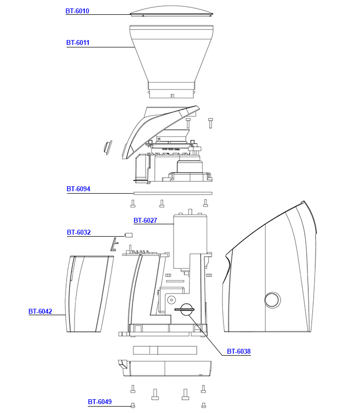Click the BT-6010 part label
tap(77, 11)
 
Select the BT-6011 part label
tap(78, 43)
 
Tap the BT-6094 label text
tap(78, 189)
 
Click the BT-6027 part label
tap(145, 220)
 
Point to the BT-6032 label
tap(78, 232)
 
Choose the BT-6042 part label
tap(40, 311)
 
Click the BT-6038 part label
tap(239, 352)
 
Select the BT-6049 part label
tap(100, 402)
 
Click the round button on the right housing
tap(271, 299)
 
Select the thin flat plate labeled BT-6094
tap(172, 193)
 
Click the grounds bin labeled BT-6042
tap(89, 294)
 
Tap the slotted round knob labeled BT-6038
tap(186, 310)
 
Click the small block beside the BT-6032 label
tap(129, 235)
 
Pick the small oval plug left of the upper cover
tap(107, 147)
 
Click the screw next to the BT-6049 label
tap(133, 406)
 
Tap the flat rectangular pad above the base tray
tap(165, 350)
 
